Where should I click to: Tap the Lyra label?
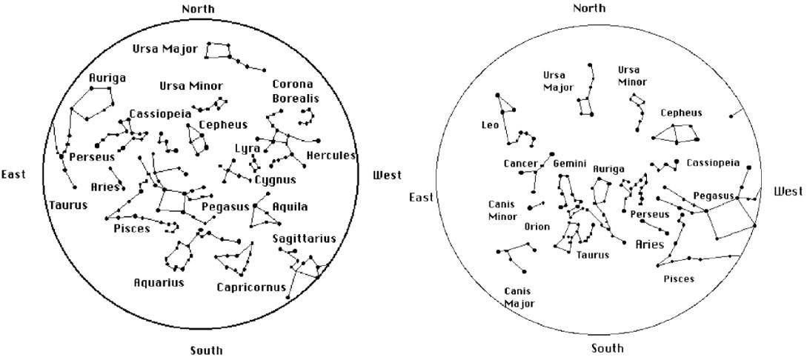tap(248, 148)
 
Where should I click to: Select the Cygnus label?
tap(275, 179)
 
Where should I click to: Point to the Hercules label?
tap(331, 156)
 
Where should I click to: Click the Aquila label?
tap(290, 206)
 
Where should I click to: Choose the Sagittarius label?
tap(304, 238)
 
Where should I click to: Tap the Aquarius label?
tap(159, 282)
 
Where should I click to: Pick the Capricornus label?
tap(250, 287)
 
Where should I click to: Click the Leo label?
tap(491, 125)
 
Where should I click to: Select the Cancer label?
tap(520, 163)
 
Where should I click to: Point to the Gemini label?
tap(569, 162)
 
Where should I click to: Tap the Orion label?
tap(537, 227)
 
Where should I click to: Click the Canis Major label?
tap(519, 297)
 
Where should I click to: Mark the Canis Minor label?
tap(502, 210)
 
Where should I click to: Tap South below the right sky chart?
tap(607, 348)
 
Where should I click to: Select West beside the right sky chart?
tap(788, 191)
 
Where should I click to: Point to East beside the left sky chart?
tap(13, 175)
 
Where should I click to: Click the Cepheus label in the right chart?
tap(681, 113)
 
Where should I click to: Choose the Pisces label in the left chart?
tap(131, 228)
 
